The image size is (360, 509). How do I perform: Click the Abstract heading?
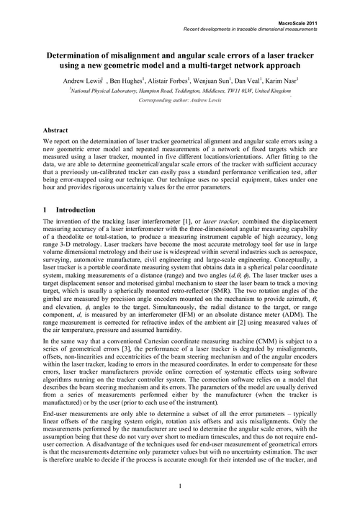[x=58, y=130]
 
